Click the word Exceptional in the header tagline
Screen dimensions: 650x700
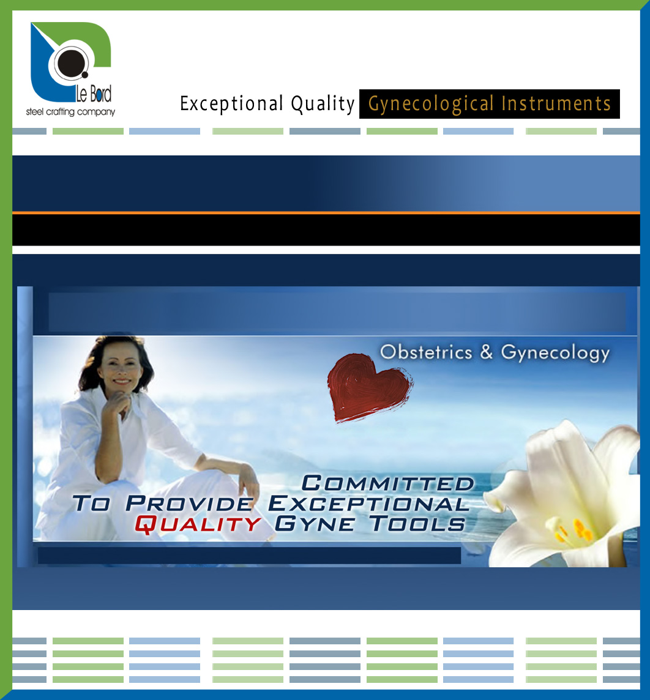tap(232, 103)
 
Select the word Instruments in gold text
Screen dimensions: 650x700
tap(556, 103)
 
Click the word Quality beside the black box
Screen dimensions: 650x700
tap(323, 104)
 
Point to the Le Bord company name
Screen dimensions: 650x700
tap(93, 94)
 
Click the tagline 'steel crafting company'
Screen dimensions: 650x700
tap(70, 111)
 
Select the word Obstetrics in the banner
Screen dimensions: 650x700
tap(426, 352)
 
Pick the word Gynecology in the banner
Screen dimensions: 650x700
tap(555, 353)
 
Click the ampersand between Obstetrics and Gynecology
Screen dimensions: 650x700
tap(487, 352)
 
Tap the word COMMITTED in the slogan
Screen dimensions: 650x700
tap(387, 483)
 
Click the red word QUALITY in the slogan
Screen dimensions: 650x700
tap(198, 524)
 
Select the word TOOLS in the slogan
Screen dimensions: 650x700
tap(417, 523)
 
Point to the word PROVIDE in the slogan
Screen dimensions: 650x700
tap(190, 504)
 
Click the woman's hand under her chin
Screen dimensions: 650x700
tap(117, 403)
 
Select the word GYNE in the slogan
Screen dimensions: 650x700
tap(315, 523)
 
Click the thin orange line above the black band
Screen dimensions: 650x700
tap(326, 213)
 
